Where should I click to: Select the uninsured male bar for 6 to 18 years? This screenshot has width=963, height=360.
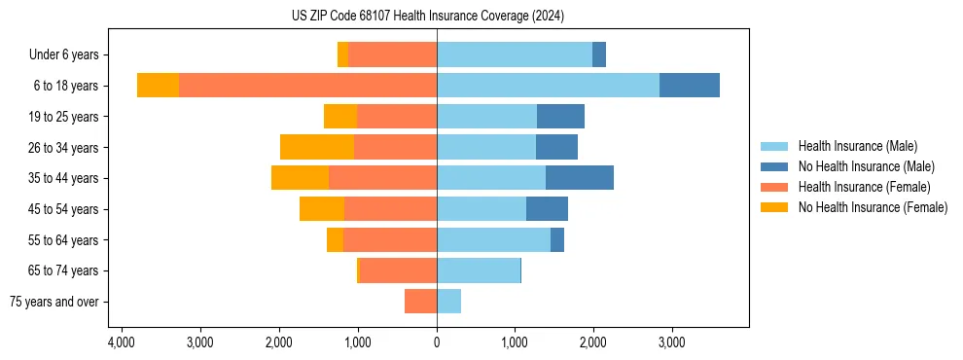[689, 86]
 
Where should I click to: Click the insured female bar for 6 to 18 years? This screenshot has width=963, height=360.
[307, 86]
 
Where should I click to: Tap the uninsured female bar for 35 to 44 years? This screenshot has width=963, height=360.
[300, 178]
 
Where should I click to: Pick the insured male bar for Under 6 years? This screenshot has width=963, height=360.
[515, 54]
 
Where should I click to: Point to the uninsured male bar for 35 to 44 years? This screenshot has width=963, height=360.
[580, 178]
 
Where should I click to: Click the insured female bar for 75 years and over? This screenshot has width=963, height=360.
[420, 302]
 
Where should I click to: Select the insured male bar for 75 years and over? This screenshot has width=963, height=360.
[448, 302]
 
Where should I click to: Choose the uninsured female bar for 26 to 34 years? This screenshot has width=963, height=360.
[317, 147]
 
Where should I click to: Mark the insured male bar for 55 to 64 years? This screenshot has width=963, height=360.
[493, 239]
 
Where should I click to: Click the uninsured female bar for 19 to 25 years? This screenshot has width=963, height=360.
[340, 117]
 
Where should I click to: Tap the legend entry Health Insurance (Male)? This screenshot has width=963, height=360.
[857, 146]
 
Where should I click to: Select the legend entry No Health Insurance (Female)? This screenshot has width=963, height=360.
[873, 207]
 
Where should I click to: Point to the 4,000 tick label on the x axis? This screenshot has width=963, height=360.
[121, 343]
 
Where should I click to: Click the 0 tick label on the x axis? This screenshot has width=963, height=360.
[437, 343]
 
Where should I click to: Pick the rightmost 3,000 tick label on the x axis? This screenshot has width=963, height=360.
[672, 343]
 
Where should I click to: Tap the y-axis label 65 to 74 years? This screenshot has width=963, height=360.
[63, 270]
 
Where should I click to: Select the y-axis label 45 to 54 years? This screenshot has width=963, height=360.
[63, 209]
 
